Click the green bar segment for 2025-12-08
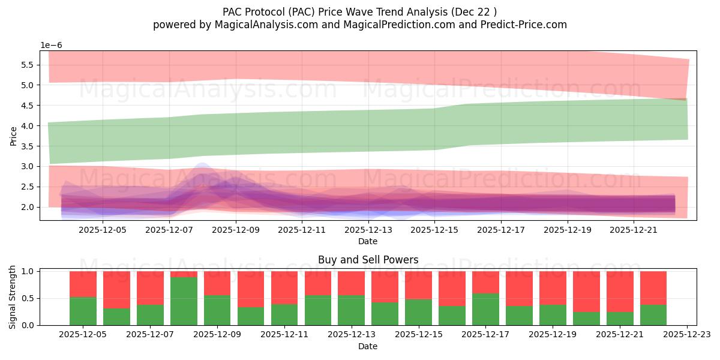184,301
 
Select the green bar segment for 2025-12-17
485,309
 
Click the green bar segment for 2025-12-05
83,311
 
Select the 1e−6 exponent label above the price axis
51,46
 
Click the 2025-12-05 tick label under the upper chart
103,229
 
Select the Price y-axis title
13,136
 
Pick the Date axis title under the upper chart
368,241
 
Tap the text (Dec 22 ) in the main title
473,11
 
